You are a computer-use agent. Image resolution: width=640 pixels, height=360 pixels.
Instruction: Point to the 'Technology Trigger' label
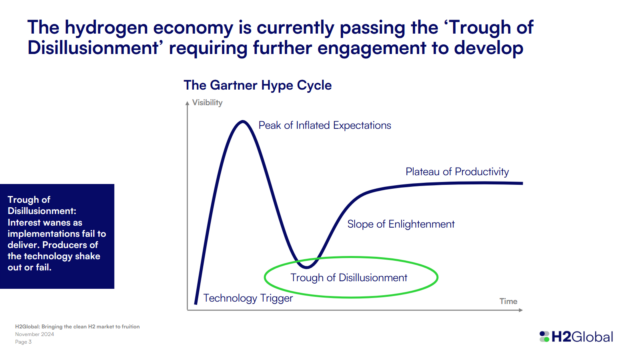(x=250, y=297)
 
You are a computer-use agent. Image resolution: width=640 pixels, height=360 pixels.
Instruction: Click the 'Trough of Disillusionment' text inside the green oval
(x=349, y=277)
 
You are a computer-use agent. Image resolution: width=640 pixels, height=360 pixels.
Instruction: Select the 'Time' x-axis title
(x=508, y=300)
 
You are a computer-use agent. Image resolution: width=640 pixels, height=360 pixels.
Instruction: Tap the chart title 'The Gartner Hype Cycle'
(x=257, y=85)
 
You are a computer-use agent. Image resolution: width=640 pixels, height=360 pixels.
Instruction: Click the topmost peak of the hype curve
(x=241, y=122)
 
